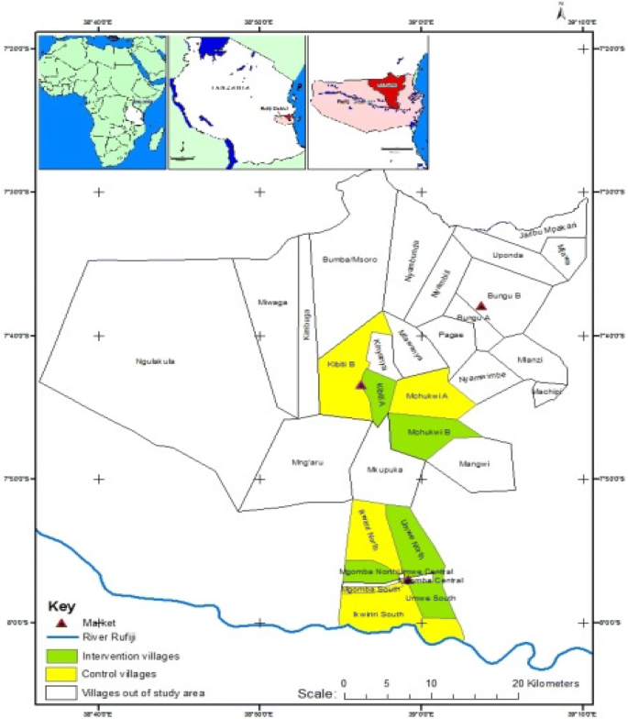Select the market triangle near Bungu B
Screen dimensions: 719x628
pyautogui.click(x=480, y=305)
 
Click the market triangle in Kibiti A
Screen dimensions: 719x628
pyautogui.click(x=360, y=385)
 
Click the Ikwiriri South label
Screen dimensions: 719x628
pyautogui.click(x=372, y=614)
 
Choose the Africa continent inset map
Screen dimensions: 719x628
pyautogui.click(x=102, y=102)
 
